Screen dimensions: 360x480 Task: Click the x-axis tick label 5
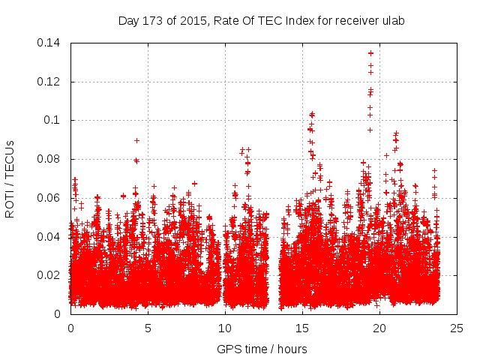(x=148, y=328)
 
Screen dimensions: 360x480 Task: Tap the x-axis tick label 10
(x=225, y=328)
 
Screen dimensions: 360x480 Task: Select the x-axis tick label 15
(x=302, y=328)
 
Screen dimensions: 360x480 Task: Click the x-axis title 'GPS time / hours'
(x=262, y=349)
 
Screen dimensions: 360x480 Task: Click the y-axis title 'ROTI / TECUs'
(x=10, y=178)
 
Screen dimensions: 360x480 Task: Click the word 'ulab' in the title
(x=392, y=21)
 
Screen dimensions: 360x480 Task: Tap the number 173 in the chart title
(x=153, y=21)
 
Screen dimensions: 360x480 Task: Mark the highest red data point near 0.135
(x=370, y=53)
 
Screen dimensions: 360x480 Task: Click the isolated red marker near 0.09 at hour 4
(x=136, y=140)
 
